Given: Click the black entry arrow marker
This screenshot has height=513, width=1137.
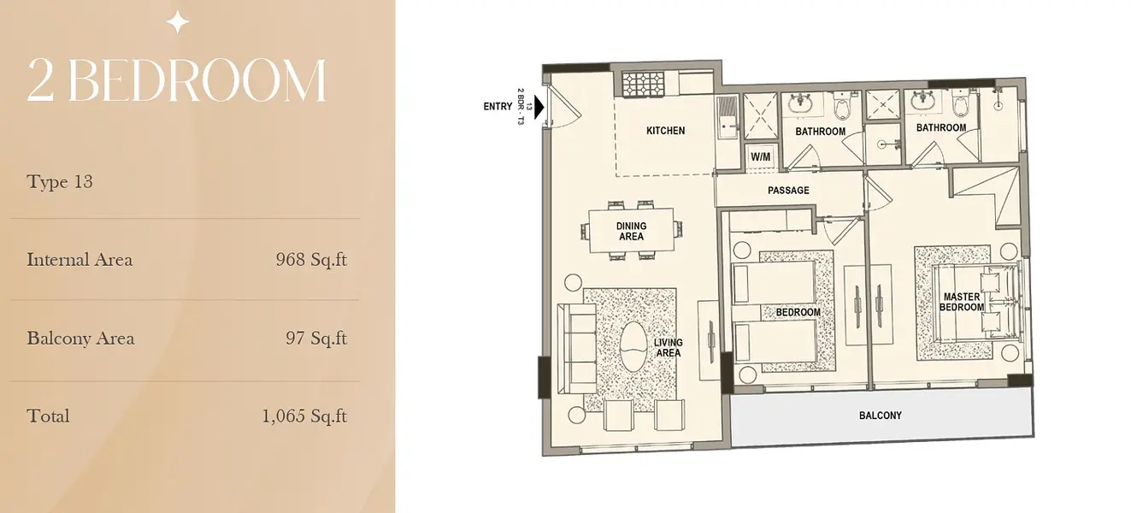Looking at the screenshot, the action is (x=539, y=107).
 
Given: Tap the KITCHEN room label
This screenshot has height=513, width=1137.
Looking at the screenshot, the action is (x=665, y=131).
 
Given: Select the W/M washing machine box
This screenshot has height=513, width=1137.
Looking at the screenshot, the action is (x=760, y=156).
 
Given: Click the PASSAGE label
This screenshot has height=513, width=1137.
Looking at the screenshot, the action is (x=788, y=191).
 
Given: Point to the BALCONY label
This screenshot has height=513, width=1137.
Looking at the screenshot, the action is (x=881, y=416).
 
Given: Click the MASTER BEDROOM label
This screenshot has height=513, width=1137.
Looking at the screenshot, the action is (x=962, y=302).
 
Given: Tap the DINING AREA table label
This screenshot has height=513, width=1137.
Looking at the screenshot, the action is (x=632, y=231).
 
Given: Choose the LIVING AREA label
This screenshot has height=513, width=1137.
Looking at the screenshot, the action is (x=668, y=348).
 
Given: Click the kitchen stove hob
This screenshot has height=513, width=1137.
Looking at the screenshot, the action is (x=643, y=84).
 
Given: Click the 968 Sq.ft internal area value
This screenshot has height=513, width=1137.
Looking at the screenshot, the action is (x=312, y=260).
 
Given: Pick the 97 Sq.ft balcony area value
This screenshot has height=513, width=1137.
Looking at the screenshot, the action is (x=316, y=338).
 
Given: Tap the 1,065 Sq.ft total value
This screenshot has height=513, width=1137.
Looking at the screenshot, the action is (x=304, y=416).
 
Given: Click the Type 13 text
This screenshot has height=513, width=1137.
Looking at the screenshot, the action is (x=60, y=181).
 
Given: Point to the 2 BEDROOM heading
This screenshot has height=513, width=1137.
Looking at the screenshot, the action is (x=177, y=80).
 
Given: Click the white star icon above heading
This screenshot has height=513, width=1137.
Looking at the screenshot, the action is (x=178, y=22).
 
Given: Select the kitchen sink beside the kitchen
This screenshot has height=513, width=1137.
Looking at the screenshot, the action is (x=728, y=118).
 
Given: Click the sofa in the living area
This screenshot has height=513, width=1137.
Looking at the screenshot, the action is (x=576, y=349).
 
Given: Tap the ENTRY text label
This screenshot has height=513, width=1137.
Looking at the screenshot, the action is (x=498, y=107).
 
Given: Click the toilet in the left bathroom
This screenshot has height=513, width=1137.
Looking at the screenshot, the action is (x=843, y=105).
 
